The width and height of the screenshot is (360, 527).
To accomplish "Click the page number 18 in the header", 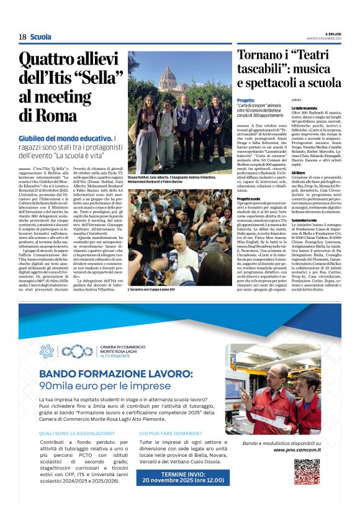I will pos(22,37).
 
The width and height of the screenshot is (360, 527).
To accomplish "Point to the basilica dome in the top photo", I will pos(168,77).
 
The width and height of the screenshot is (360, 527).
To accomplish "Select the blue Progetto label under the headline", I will pos(246,100).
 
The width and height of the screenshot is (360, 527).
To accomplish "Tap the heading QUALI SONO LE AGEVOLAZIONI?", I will pos(76,433).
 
